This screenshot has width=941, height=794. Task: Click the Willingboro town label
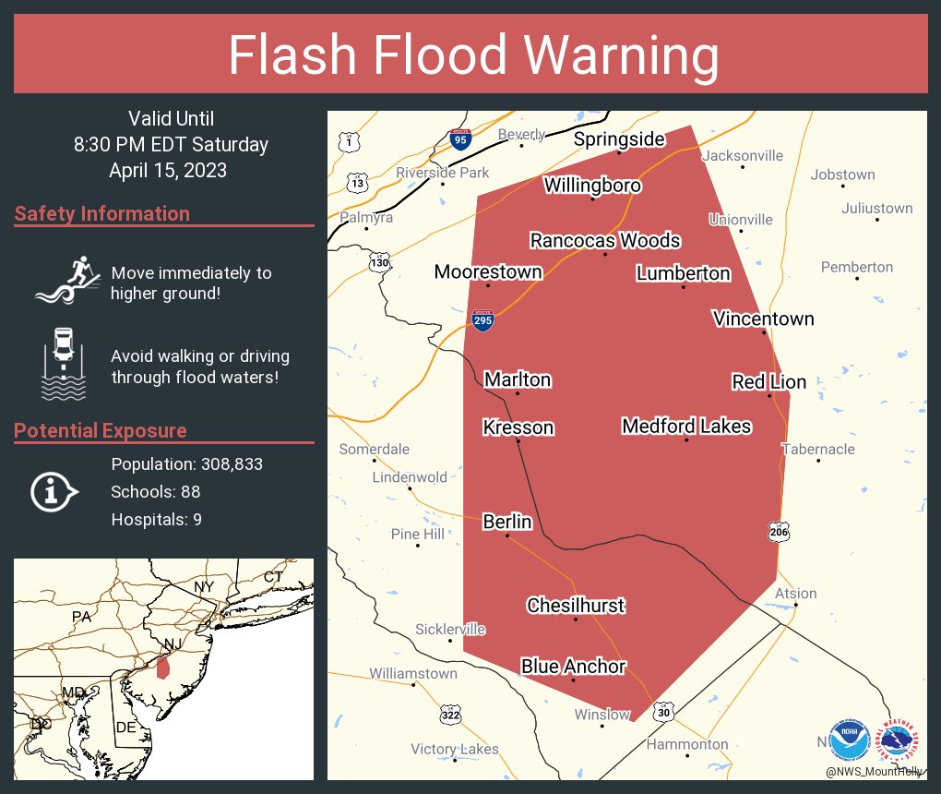(592, 185)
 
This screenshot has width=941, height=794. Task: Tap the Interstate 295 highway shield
(482, 320)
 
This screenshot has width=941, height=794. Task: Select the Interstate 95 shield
(461, 139)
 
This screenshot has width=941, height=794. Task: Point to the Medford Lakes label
(686, 426)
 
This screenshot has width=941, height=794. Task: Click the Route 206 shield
(778, 531)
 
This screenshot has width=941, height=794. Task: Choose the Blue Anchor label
(573, 666)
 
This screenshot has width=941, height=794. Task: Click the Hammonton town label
(687, 744)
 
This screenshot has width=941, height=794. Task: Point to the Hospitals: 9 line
(157, 519)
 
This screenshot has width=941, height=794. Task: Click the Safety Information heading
(102, 213)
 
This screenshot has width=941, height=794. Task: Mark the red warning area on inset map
(163, 666)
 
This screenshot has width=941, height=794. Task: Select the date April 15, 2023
(168, 170)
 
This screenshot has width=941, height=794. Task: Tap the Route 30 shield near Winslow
(665, 713)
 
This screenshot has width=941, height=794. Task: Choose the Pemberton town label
(857, 267)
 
